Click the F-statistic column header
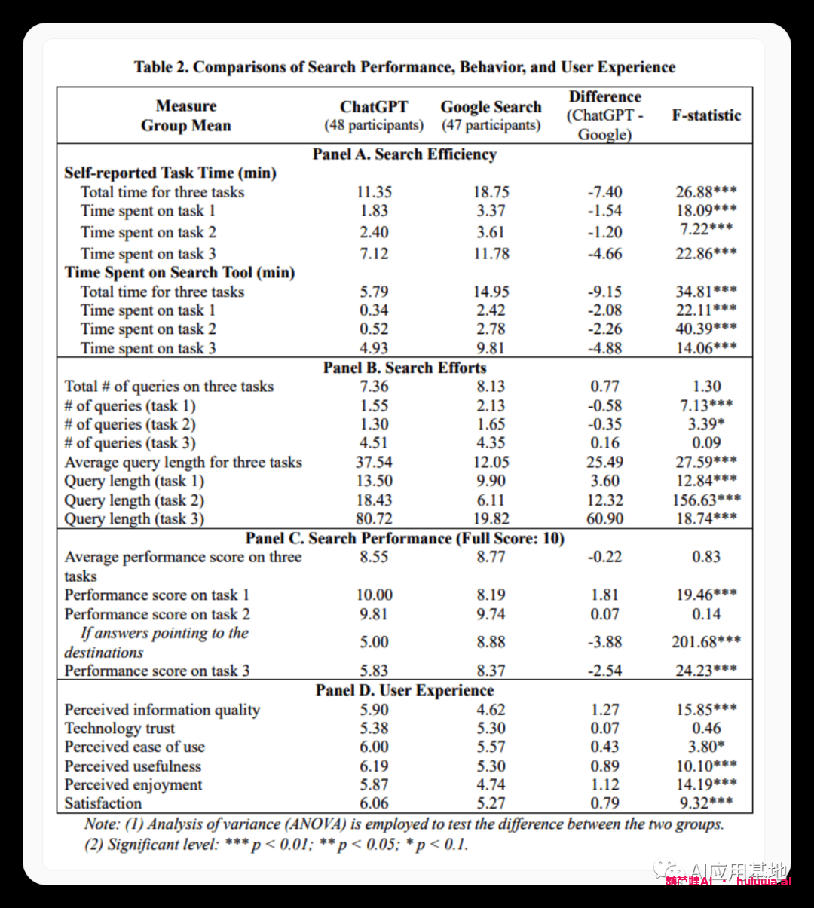click(706, 115)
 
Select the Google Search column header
click(491, 107)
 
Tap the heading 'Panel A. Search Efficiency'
click(405, 154)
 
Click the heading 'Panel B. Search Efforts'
click(405, 368)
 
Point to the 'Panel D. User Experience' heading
click(405, 690)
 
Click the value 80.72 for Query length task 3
click(374, 518)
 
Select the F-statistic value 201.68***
click(706, 642)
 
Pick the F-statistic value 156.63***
click(706, 500)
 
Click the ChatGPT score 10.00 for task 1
click(374, 595)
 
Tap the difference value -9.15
click(604, 292)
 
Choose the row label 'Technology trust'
click(120, 728)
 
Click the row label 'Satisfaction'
click(103, 803)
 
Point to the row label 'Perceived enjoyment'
click(133, 784)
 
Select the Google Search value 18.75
click(491, 192)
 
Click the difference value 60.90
click(604, 518)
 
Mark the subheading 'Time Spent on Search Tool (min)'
click(179, 273)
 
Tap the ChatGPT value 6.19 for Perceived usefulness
click(374, 766)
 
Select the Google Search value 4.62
click(491, 709)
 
